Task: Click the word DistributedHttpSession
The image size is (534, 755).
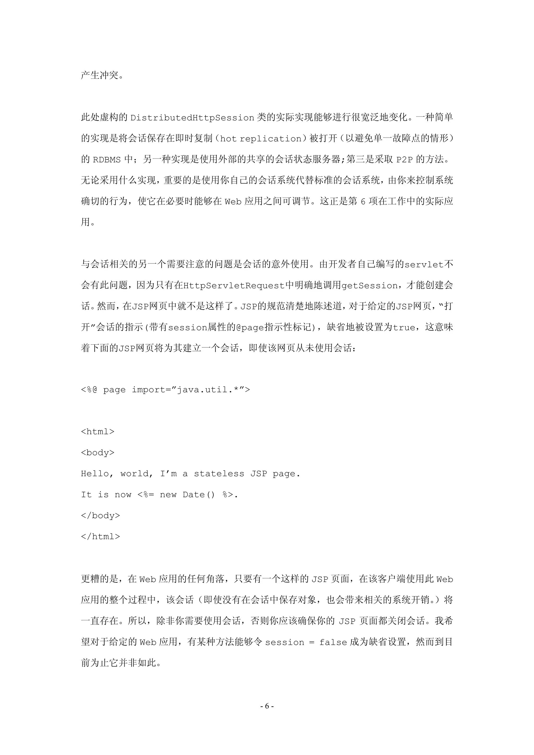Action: [x=192, y=118]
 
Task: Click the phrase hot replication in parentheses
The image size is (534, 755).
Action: [x=260, y=139]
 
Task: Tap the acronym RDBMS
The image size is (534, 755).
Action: [x=107, y=160]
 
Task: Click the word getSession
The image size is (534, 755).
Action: [x=369, y=286]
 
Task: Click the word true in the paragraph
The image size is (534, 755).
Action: [x=404, y=328]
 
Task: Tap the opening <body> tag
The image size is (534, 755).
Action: [x=98, y=453]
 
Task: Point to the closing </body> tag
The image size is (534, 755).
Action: [x=100, y=515]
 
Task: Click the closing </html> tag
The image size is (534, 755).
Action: [x=100, y=537]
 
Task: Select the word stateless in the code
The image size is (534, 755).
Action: [x=219, y=474]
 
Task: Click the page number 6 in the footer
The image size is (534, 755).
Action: [x=267, y=706]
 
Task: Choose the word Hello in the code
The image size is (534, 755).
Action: [x=95, y=474]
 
